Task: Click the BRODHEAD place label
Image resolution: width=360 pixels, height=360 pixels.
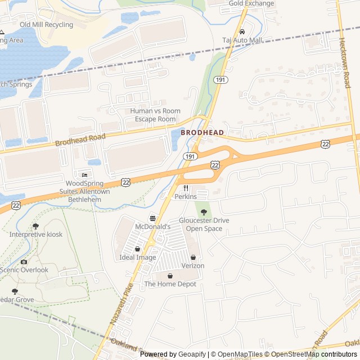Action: click(x=202, y=133)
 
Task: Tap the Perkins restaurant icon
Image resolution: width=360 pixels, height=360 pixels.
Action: click(x=185, y=188)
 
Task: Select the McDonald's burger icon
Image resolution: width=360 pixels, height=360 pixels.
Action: click(x=152, y=218)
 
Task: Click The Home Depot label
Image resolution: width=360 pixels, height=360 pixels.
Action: click(x=170, y=284)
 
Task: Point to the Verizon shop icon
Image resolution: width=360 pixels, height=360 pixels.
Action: click(x=193, y=257)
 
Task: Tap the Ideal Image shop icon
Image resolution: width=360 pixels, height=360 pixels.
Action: click(x=138, y=249)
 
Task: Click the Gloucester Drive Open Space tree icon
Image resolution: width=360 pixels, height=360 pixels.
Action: click(x=204, y=211)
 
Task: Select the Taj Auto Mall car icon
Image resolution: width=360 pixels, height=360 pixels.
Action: click(x=242, y=31)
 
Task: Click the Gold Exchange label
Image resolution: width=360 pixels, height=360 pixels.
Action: click(x=251, y=3)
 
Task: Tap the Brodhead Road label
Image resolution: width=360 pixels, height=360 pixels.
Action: click(x=80, y=139)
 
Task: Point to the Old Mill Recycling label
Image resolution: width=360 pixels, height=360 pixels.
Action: click(x=46, y=25)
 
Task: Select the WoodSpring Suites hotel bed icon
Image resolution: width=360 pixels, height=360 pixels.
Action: click(x=85, y=175)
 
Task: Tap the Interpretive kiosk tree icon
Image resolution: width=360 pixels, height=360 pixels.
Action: click(x=36, y=226)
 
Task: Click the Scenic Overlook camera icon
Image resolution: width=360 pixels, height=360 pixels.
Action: click(x=24, y=262)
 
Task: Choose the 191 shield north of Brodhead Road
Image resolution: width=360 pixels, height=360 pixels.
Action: click(x=220, y=80)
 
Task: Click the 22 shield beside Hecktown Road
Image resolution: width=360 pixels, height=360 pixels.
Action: click(x=326, y=144)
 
